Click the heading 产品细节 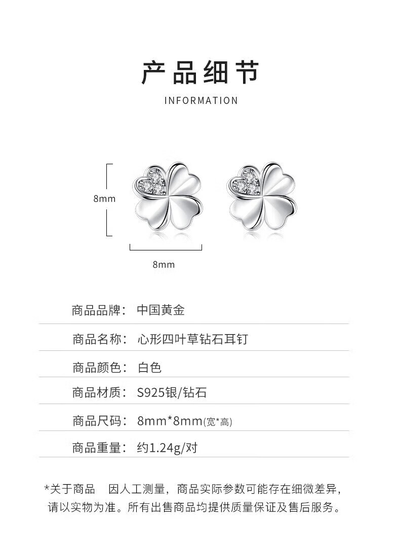(200, 72)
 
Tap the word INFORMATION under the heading (201, 100)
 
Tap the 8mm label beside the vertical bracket (104, 199)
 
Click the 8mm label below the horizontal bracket (164, 264)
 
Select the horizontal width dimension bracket (166, 248)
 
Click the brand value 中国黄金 (161, 310)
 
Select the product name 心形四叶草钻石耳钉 (193, 339)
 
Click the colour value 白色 (149, 367)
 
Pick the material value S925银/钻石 (172, 393)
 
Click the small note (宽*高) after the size (218, 422)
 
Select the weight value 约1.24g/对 (167, 448)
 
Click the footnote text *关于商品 (70, 489)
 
